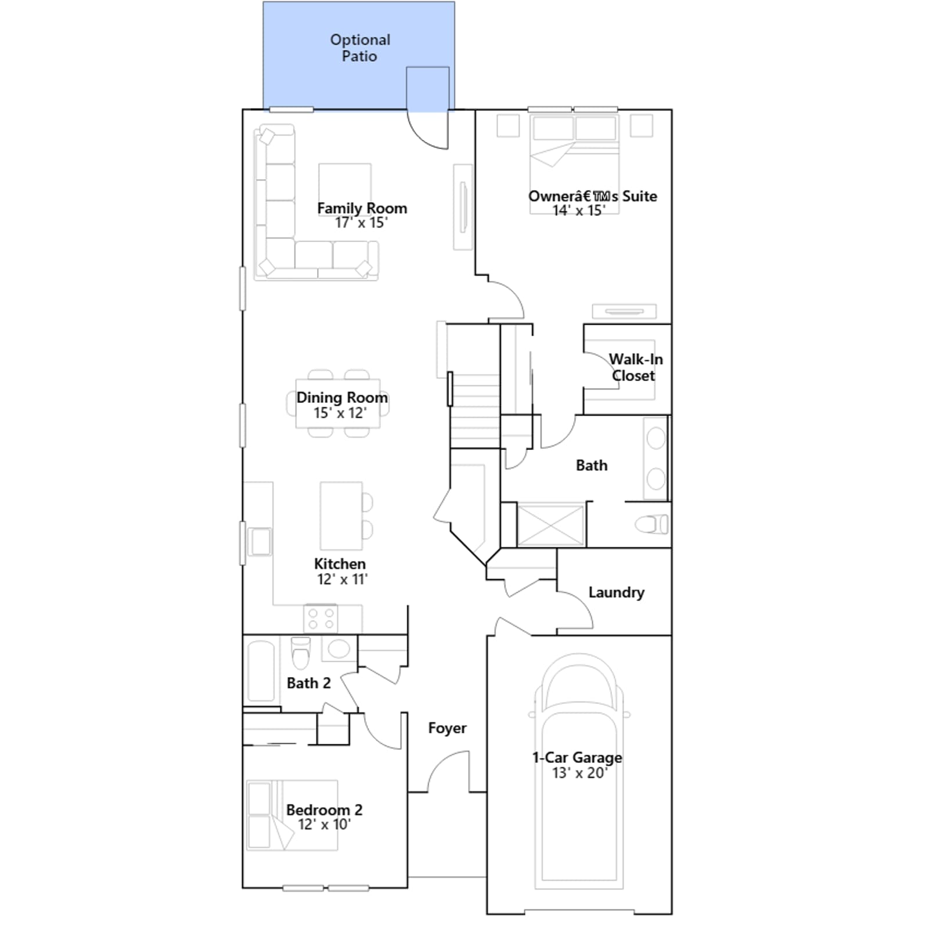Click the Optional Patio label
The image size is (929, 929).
pyautogui.click(x=360, y=48)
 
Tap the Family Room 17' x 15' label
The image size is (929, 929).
pyautogui.click(x=362, y=215)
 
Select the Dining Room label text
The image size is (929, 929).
pyautogui.click(x=342, y=398)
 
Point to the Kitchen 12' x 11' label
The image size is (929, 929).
pyautogui.click(x=340, y=571)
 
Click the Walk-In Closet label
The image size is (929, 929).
pyautogui.click(x=635, y=368)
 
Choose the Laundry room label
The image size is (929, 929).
pyautogui.click(x=616, y=592)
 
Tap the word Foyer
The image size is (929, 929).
pyautogui.click(x=447, y=728)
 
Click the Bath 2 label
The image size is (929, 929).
pyautogui.click(x=308, y=683)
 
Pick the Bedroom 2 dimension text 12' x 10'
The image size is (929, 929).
pyautogui.click(x=324, y=824)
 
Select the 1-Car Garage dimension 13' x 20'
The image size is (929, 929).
pyautogui.click(x=579, y=773)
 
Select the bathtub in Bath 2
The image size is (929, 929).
pyautogui.click(x=261, y=671)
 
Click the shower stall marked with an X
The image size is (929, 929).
pyautogui.click(x=550, y=525)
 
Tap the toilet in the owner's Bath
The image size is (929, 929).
pyautogui.click(x=651, y=525)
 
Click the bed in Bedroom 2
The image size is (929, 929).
pyautogui.click(x=292, y=815)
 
